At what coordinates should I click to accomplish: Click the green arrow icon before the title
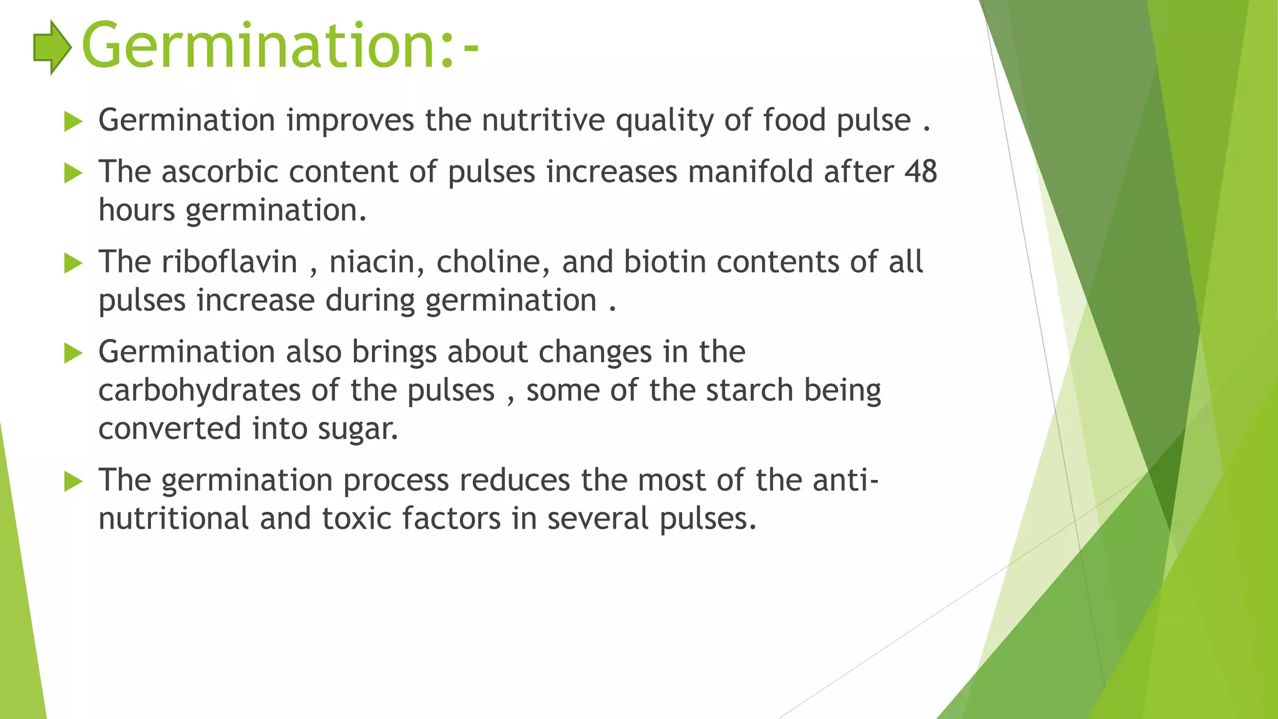[x=52, y=47]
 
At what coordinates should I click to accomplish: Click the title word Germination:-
[x=280, y=46]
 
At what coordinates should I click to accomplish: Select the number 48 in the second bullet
[x=920, y=172]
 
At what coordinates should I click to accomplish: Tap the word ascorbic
[x=219, y=172]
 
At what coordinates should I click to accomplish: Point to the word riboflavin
[x=229, y=262]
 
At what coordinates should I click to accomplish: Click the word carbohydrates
[x=200, y=391]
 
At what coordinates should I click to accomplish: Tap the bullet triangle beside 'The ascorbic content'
[x=73, y=173]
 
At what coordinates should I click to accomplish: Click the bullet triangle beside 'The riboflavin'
[x=73, y=263]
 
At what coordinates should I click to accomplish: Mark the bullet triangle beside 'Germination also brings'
[x=73, y=353]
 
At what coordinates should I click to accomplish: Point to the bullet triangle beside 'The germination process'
[x=73, y=481]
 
